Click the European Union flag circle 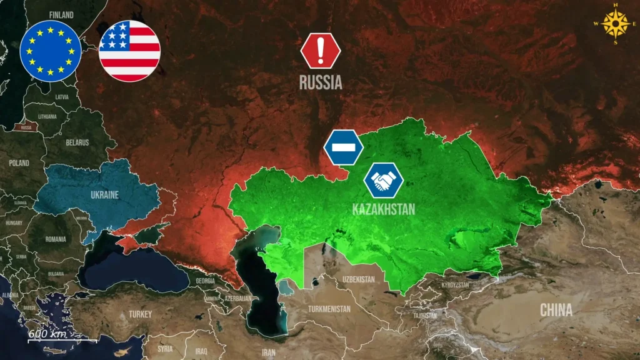[50, 51]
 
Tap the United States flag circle [129, 51]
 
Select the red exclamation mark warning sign [321, 51]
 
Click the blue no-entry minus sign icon [343, 148]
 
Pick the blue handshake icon [384, 181]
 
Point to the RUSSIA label [321, 82]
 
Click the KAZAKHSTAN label [383, 209]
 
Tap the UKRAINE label [104, 195]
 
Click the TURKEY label [140, 314]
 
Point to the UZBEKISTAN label [359, 278]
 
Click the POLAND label [19, 163]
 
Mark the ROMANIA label [55, 239]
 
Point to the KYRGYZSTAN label [455, 285]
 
